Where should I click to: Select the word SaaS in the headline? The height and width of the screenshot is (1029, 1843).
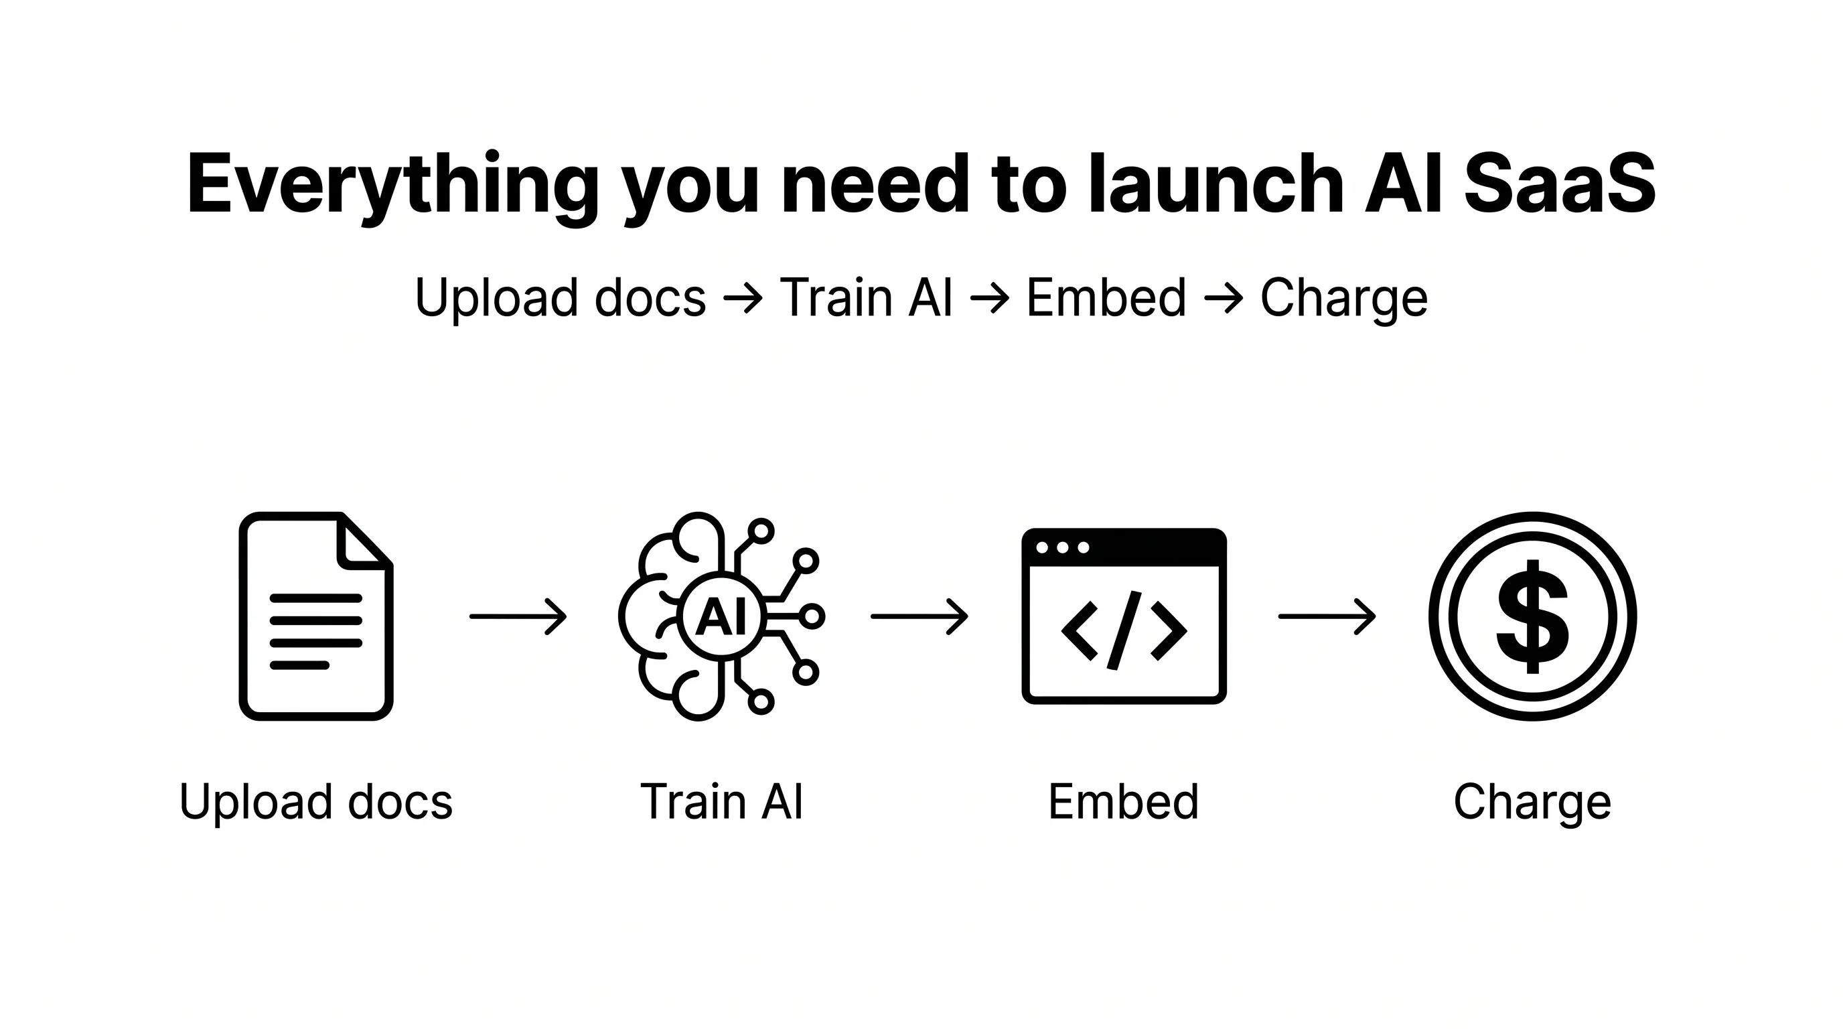point(1560,184)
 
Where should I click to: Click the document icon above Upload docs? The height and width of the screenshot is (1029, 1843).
point(315,616)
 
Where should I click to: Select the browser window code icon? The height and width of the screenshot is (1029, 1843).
point(1124,616)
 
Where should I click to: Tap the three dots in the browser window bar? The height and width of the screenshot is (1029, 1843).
point(1062,547)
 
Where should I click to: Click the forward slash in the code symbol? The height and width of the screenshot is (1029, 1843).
point(1124,630)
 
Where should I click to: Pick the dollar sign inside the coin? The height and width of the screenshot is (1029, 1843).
point(1532,616)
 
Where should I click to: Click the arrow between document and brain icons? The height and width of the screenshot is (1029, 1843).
point(518,616)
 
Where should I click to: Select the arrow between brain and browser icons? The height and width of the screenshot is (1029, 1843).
point(919,616)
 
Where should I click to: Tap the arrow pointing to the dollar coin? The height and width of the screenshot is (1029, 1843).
point(1327,616)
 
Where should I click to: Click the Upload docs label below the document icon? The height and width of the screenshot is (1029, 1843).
point(315,802)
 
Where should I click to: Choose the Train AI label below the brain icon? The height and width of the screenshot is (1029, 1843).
point(721,801)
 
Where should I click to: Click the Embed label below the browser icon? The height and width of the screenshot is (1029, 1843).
point(1123,801)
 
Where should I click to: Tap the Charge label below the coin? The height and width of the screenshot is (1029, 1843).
point(1532,802)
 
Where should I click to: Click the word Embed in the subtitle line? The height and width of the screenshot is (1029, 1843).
point(1106,297)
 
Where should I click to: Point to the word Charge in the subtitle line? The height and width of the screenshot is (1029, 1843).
point(1343,298)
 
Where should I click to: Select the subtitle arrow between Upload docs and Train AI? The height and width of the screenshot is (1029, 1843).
point(743,298)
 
